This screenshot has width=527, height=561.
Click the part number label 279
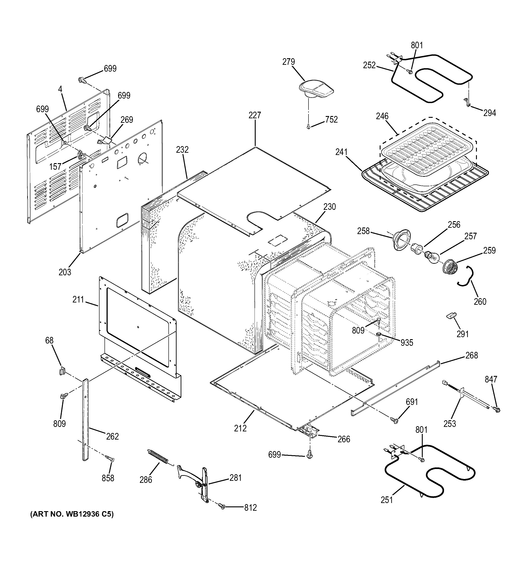(x=289, y=62)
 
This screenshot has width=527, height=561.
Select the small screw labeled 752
(x=308, y=127)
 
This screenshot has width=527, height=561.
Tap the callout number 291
(x=462, y=334)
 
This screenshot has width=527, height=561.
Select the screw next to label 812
(x=222, y=507)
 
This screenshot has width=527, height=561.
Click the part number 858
(x=108, y=478)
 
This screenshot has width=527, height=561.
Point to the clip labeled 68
(x=63, y=371)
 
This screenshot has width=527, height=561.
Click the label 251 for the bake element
(x=387, y=500)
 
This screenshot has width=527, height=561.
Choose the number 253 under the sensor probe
(x=449, y=423)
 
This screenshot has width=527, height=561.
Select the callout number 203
(x=65, y=272)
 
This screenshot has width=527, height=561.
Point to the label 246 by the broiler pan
(x=382, y=116)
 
